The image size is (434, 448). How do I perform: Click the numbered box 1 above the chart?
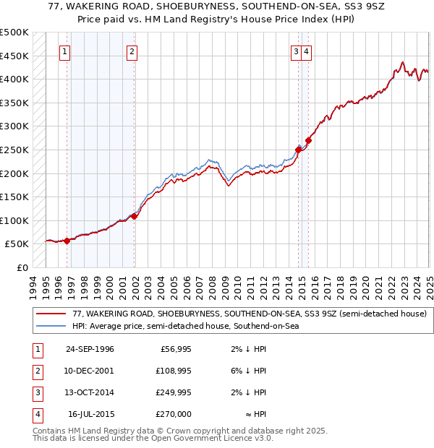click(65, 51)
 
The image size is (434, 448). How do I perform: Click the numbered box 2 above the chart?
click(132, 51)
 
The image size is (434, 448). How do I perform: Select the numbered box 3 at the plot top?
click(297, 51)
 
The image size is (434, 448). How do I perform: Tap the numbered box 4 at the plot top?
click(307, 51)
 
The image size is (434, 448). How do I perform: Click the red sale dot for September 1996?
click(67, 241)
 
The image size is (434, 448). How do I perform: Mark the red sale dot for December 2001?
click(135, 216)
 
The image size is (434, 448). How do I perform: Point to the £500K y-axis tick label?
click(14, 33)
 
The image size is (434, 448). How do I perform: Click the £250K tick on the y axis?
click(14, 150)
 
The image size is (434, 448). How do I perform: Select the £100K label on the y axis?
click(14, 220)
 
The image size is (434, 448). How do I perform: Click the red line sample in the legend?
click(51, 314)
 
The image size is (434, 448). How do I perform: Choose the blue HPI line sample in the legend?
click(51, 327)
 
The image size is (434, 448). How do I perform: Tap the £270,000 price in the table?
click(174, 415)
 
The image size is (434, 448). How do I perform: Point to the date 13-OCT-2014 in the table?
click(90, 393)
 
